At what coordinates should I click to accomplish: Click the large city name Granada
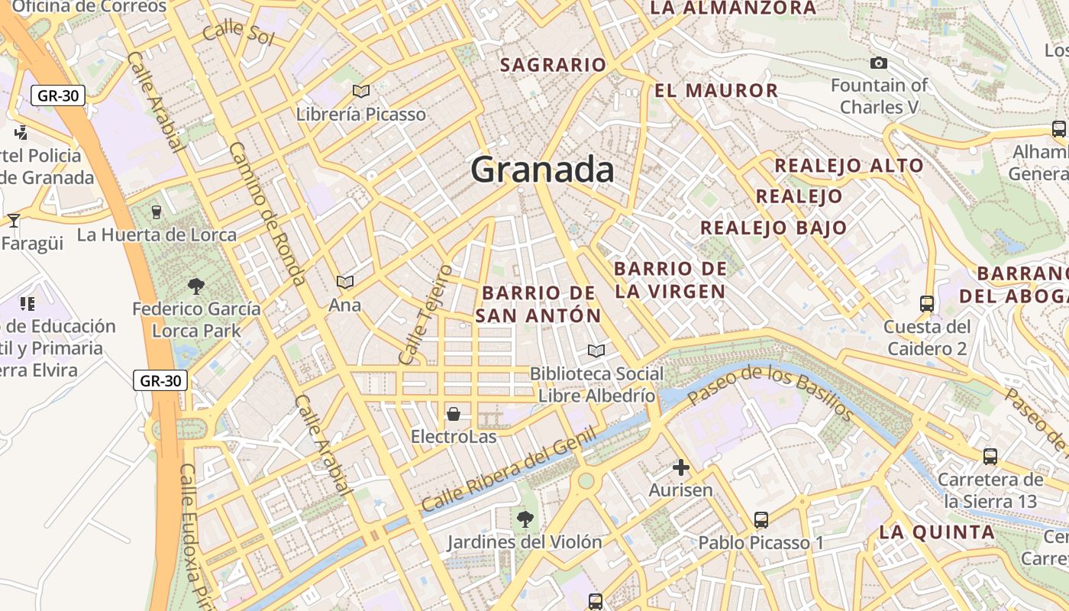[542, 169]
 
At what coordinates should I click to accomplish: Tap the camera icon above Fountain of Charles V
[879, 63]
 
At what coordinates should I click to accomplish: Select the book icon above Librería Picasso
[361, 92]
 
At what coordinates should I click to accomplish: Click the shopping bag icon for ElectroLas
[454, 414]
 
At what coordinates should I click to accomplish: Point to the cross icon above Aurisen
[681, 467]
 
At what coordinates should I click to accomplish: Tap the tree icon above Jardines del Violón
[525, 519]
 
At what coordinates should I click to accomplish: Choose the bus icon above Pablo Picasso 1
[761, 520]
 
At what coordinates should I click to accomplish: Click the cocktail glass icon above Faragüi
[14, 221]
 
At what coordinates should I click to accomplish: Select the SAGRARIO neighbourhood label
[553, 65]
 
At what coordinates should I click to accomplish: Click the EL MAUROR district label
[716, 90]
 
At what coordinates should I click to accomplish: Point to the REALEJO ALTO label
[849, 166]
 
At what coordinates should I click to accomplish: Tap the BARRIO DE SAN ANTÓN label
[538, 304]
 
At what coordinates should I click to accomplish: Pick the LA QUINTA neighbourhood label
[936, 532]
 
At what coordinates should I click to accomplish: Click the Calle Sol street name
[238, 32]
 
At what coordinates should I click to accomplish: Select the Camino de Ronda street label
[267, 214]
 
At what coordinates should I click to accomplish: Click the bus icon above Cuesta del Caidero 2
[927, 304]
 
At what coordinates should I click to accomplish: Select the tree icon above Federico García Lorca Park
[196, 286]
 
